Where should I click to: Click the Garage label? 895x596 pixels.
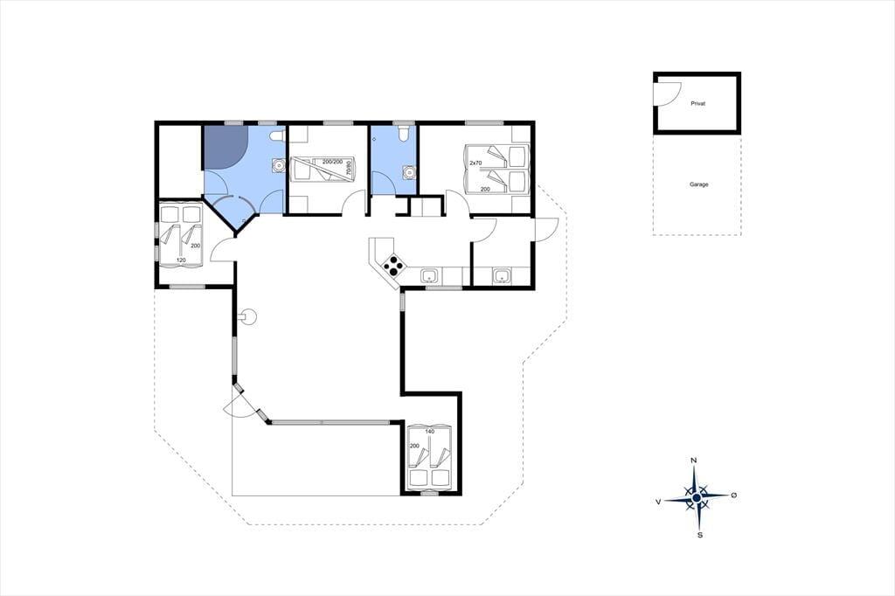click(698, 184)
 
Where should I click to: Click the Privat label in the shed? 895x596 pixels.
click(698, 103)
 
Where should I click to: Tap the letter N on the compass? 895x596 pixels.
click(693, 461)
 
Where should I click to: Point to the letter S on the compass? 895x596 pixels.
click(700, 535)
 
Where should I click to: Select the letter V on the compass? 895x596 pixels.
click(659, 502)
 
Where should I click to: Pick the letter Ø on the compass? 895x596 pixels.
click(733, 495)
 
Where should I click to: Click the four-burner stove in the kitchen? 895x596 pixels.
click(394, 265)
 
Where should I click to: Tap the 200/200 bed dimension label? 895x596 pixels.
click(332, 163)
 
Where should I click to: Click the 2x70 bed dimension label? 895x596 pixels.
click(475, 163)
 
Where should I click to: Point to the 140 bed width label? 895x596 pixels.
click(430, 432)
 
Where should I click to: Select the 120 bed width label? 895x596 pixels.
click(181, 260)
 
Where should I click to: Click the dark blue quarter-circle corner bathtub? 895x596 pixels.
click(225, 147)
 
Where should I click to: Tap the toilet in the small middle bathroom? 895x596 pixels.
click(404, 134)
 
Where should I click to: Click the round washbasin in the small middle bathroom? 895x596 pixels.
click(409, 172)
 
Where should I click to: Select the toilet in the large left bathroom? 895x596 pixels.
click(277, 135)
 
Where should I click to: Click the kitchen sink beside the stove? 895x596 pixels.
click(428, 277)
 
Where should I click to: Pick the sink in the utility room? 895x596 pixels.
click(502, 277)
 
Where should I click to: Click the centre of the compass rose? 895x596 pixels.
click(697, 498)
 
